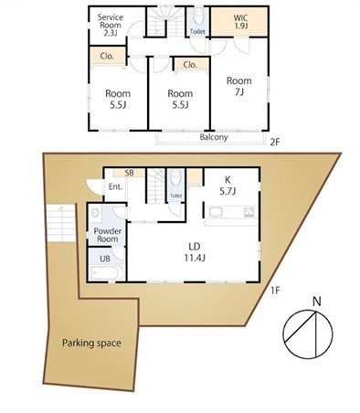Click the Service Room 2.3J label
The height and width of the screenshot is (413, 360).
point(111,25)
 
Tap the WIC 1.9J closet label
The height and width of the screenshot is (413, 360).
point(240,21)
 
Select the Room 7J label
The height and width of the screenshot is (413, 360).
point(239,86)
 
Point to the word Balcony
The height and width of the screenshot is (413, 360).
point(214,137)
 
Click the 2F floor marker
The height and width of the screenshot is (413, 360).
point(274,143)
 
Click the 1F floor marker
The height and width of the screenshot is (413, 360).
point(275,291)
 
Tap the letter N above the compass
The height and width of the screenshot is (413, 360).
point(317,302)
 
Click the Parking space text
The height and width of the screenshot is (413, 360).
point(91,343)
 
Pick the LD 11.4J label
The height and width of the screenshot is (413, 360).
point(195,252)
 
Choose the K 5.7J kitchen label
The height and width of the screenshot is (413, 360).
point(228,185)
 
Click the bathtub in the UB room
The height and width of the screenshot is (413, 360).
point(107,272)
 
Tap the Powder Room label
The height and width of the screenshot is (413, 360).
point(107,235)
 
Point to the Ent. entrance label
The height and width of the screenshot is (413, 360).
point(115,186)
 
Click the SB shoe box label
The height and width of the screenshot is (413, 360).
point(129,173)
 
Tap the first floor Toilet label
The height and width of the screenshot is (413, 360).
point(175,196)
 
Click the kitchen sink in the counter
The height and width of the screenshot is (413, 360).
point(216,212)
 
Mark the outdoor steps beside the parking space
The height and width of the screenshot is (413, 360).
point(61,223)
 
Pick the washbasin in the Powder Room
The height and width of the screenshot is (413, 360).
point(95,212)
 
